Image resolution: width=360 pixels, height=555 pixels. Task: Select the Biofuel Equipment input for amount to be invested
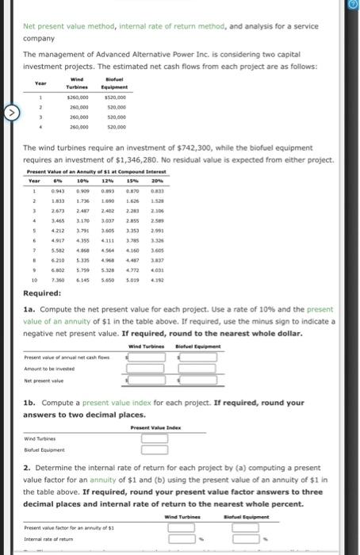point(196,369)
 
